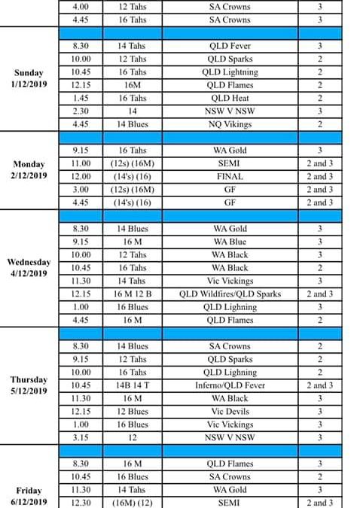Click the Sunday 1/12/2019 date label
point(30,78)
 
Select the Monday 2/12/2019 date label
point(30,170)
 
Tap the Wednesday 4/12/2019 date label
point(30,268)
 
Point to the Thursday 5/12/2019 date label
point(30,385)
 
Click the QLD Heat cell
point(230,98)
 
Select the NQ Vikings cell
point(230,124)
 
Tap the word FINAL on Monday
point(230,177)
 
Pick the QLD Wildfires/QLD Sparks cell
point(230,294)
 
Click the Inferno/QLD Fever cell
point(230,385)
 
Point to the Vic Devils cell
point(230,412)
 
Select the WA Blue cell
point(230,242)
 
